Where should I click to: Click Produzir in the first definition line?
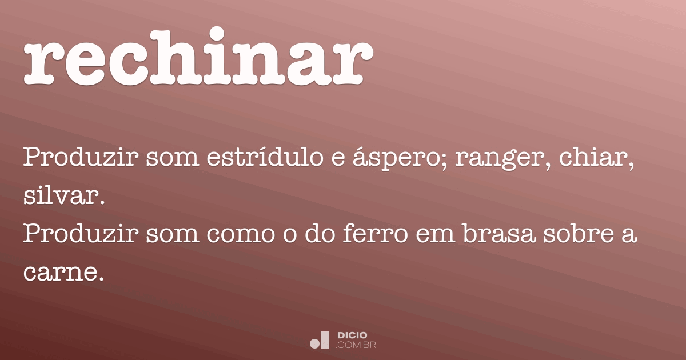pyautogui.click(x=80, y=157)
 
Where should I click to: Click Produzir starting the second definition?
pyautogui.click(x=80, y=235)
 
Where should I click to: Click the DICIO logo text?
pyautogui.click(x=353, y=335)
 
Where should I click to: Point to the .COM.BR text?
pyautogui.click(x=356, y=345)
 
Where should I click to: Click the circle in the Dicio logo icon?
pyautogui.click(x=314, y=343)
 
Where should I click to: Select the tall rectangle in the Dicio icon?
pyautogui.click(x=325, y=339)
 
